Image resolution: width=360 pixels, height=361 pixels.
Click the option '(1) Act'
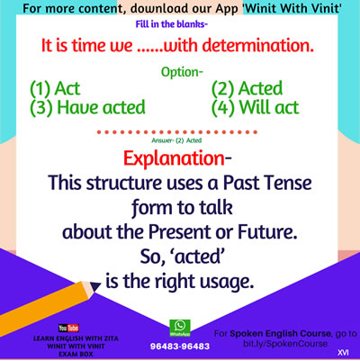tap(55, 88)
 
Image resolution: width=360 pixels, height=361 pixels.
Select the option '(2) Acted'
tap(247, 88)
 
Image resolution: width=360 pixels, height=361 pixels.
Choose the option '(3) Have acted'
tap(87, 108)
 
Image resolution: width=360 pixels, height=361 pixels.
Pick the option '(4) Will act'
tap(256, 108)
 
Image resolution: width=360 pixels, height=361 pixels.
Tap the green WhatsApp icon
tap(180, 328)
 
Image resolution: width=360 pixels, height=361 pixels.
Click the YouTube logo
tap(68, 328)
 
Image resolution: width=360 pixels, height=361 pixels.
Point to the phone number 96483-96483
tap(180, 347)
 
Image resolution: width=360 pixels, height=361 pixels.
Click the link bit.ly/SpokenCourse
tap(285, 344)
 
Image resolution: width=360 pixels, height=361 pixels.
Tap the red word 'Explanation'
tap(174, 158)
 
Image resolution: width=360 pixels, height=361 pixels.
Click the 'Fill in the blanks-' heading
tap(172, 24)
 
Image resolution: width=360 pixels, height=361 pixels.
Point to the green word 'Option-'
tap(182, 72)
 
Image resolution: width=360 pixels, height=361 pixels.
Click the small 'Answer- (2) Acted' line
tap(176, 140)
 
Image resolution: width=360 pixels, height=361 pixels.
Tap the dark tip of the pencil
tap(95, 286)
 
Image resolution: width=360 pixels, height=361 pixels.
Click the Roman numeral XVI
tap(343, 353)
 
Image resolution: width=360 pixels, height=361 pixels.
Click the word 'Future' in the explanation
tap(267, 232)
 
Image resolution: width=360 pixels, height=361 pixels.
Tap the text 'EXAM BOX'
tap(76, 354)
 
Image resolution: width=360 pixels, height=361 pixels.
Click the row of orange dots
tap(177, 132)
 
